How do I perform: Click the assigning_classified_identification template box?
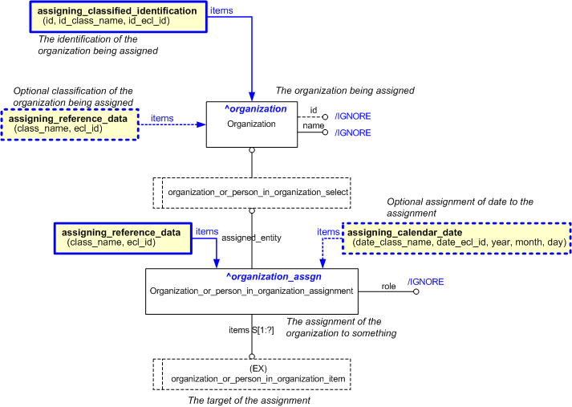click(119, 17)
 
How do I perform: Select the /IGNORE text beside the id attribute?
click(352, 116)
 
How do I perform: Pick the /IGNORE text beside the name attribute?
click(352, 132)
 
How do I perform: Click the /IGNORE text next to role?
click(425, 282)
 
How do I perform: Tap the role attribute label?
click(388, 285)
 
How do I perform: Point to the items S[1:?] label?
click(252, 330)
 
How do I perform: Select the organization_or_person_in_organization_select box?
click(252, 193)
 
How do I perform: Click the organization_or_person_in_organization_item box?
click(252, 373)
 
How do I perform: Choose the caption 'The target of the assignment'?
click(249, 400)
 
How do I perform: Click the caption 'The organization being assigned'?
click(345, 91)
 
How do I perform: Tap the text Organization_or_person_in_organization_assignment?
click(252, 291)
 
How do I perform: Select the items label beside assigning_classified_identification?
click(221, 11)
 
